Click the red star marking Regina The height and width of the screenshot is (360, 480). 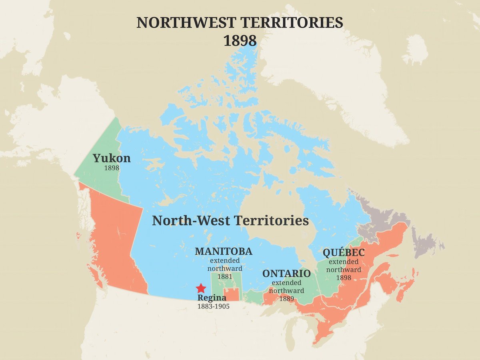click(201, 288)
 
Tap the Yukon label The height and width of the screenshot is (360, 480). click(112, 158)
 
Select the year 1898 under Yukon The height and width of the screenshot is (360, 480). click(112, 168)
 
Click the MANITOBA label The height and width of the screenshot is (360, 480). click(224, 251)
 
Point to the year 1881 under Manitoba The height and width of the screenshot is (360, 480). click(225, 276)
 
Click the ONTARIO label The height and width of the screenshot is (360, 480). click(286, 274)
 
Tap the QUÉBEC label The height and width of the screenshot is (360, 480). click(344, 253)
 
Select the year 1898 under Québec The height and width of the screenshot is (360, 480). click(344, 278)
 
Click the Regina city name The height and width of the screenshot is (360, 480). click(212, 298)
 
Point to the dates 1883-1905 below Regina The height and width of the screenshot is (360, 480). click(213, 306)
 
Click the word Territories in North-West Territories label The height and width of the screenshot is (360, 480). click(272, 220)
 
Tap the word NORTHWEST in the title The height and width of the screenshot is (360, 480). click(182, 23)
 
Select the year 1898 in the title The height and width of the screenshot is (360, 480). click(240, 41)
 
